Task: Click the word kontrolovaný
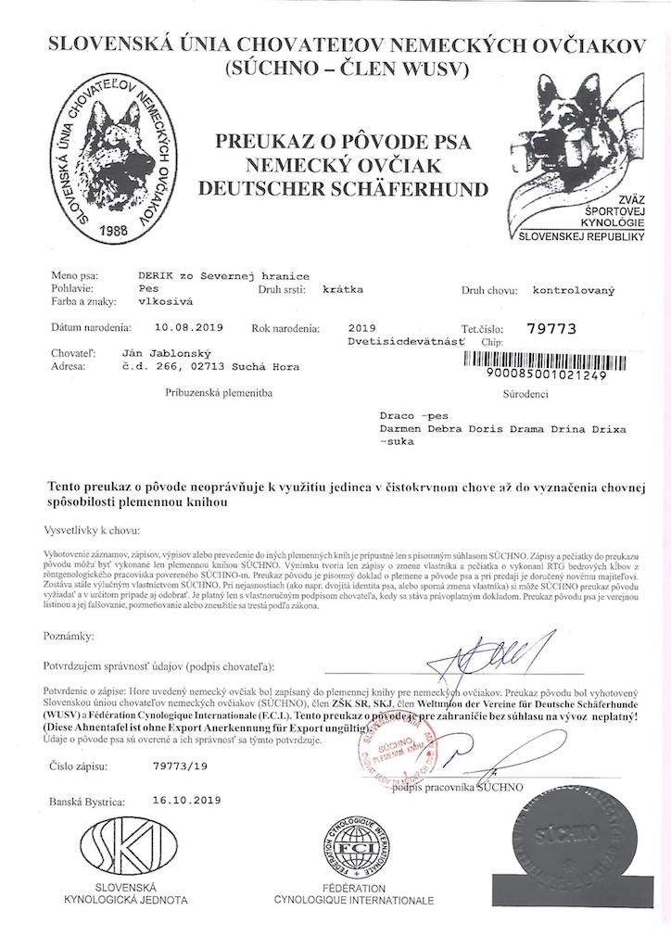click(x=574, y=290)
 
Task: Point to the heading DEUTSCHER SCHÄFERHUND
click(x=344, y=190)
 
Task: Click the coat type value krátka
click(x=343, y=289)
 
